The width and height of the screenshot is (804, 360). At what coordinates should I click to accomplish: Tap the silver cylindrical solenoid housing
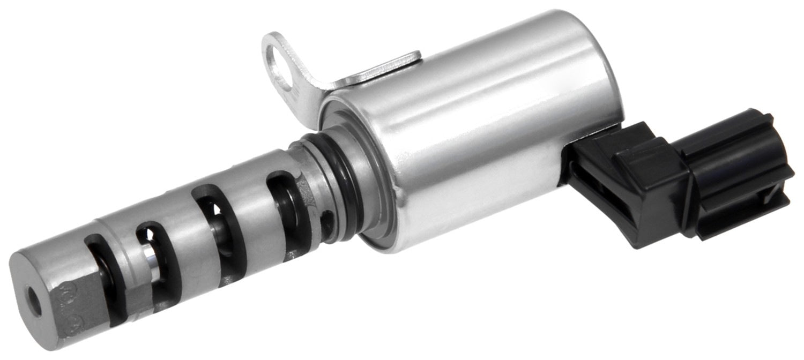click(x=472, y=134)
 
